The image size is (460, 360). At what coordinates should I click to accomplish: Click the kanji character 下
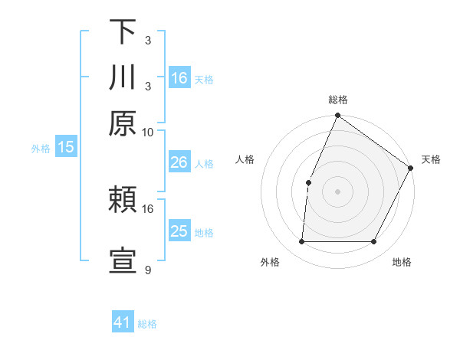coord(123,33)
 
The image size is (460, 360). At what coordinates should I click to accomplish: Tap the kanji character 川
coord(123,78)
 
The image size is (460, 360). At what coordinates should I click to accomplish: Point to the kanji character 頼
coord(123,201)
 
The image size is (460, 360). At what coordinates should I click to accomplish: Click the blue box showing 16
coord(179,78)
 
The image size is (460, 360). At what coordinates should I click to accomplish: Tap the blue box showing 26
coord(179,162)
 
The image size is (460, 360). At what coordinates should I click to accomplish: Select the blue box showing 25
coord(179,231)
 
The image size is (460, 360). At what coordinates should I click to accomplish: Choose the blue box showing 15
coord(66,148)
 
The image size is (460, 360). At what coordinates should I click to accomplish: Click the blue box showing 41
coord(123,322)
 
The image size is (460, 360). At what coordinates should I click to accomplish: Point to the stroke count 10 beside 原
coord(148,131)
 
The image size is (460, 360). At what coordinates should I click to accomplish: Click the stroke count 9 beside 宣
coord(148,270)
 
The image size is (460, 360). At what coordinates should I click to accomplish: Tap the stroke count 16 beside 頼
coord(148,208)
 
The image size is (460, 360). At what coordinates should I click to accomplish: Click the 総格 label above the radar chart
coord(337,100)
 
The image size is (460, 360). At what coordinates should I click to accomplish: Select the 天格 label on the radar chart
coord(431,160)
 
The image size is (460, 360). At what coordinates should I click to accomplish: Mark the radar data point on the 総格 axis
coord(337,116)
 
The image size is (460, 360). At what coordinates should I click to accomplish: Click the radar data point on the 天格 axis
coord(410,168)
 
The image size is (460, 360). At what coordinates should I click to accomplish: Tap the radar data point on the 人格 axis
coord(308,182)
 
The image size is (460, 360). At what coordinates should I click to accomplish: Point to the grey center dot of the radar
coord(337,191)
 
